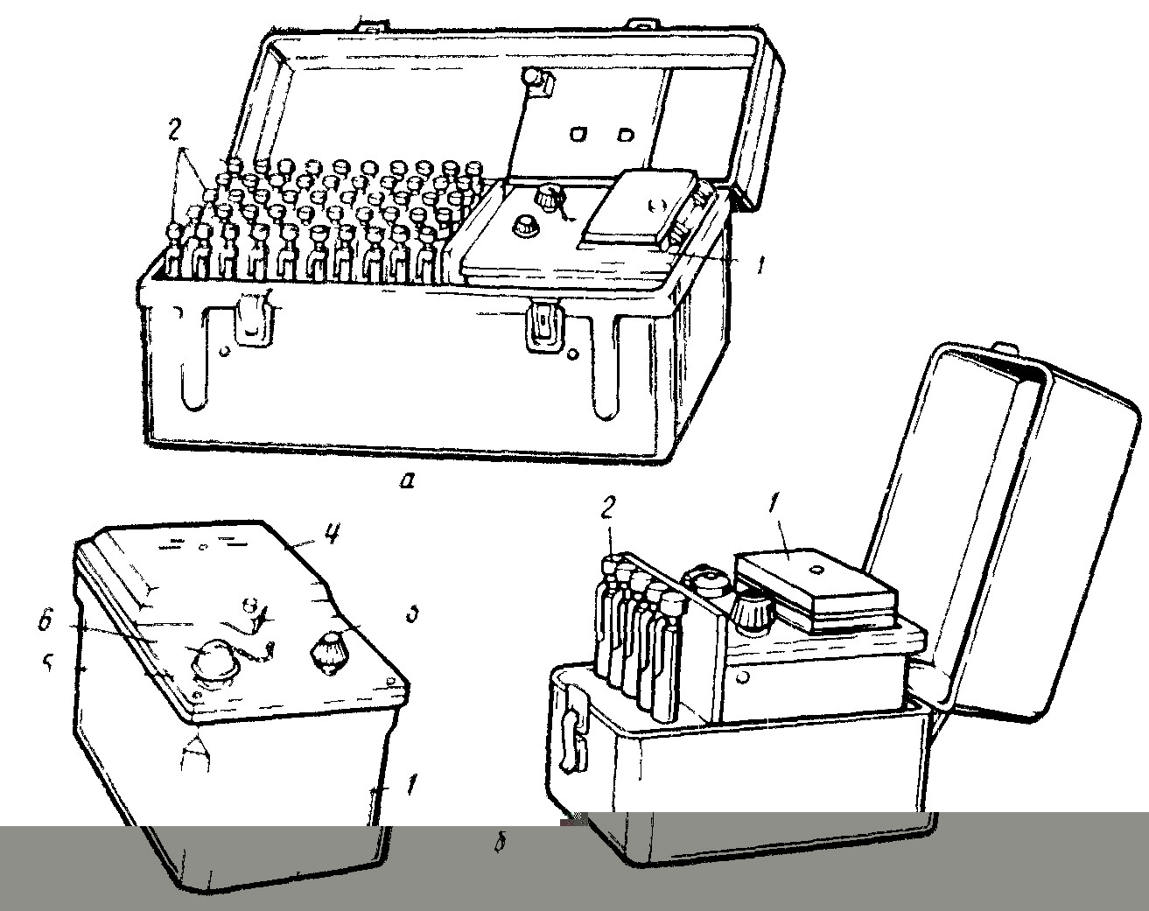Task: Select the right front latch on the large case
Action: tap(542, 326)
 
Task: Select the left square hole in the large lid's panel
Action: tap(578, 134)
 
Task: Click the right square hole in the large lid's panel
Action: tap(625, 134)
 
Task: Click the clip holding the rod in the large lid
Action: tap(537, 81)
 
